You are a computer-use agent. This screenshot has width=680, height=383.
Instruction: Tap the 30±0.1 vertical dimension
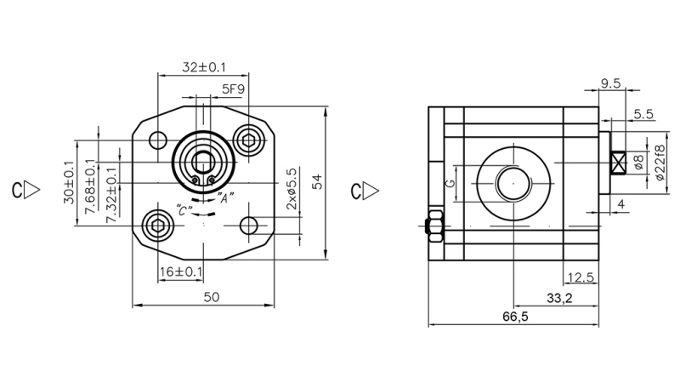pos(68,181)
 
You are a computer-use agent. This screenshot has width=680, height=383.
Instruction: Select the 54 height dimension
pos(317,181)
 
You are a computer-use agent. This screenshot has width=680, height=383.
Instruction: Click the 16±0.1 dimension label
pos(181,272)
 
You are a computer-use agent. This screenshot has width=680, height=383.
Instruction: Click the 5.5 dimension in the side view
pos(643,113)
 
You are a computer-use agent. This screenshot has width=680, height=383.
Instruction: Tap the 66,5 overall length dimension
pos(515,317)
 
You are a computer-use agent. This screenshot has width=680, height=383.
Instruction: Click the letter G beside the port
pos(451,182)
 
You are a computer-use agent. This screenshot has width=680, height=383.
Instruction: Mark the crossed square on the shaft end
pos(618,162)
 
